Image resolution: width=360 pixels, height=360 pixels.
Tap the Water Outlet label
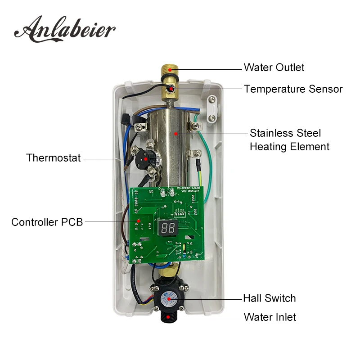coord(274,67)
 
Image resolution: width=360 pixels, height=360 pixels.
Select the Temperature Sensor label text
coord(293,89)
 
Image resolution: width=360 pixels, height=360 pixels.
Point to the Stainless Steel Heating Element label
coord(289,140)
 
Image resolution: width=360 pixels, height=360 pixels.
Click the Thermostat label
coord(53,158)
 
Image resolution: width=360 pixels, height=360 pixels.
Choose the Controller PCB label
coord(47,222)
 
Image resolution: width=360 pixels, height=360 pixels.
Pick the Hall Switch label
coord(270,298)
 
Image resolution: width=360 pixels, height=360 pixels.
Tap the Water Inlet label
coord(270,317)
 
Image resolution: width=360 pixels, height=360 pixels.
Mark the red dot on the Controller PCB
coord(138,220)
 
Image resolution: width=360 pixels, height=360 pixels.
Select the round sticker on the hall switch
coord(169,299)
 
